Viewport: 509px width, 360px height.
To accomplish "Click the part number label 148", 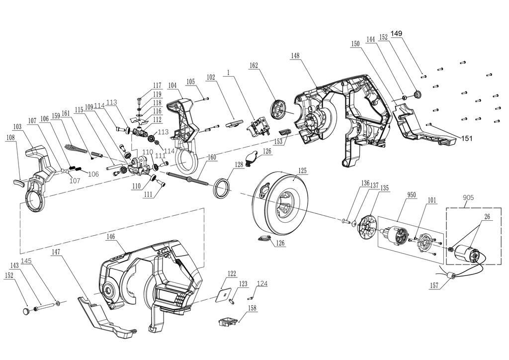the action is [x=295, y=56].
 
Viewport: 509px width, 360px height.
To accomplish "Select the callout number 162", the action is [x=254, y=65].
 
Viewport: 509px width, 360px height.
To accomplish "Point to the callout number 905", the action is [x=468, y=197].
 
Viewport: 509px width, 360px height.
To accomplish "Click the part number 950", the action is [x=412, y=195].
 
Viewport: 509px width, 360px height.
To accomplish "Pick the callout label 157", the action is [x=434, y=285].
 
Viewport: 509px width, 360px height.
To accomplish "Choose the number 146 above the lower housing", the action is [x=111, y=238].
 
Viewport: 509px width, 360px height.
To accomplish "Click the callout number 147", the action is [x=56, y=252].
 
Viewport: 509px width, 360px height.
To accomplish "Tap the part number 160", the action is [x=212, y=157].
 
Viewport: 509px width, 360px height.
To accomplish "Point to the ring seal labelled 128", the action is [x=221, y=188].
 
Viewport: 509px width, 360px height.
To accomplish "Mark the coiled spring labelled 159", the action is [x=76, y=149].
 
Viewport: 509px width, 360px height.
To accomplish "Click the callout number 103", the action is [x=17, y=127].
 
